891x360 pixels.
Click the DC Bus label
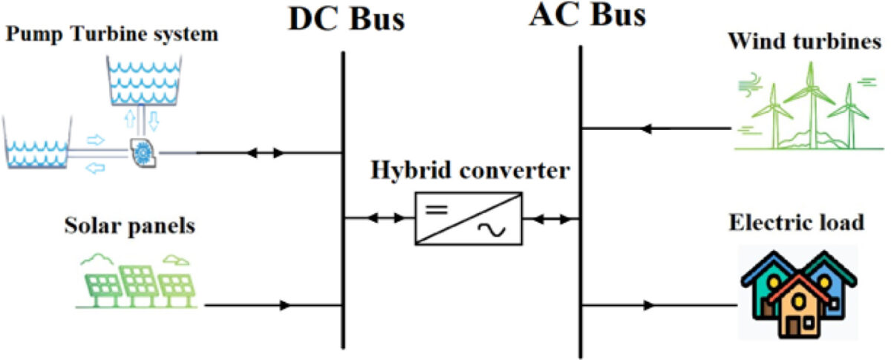[347, 19]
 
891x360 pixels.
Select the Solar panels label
[128, 226]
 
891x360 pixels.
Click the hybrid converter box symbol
[468, 218]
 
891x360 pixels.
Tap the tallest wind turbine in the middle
[811, 104]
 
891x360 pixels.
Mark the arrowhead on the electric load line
[650, 305]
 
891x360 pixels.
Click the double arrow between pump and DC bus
[265, 154]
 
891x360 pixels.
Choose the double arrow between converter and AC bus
[550, 219]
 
